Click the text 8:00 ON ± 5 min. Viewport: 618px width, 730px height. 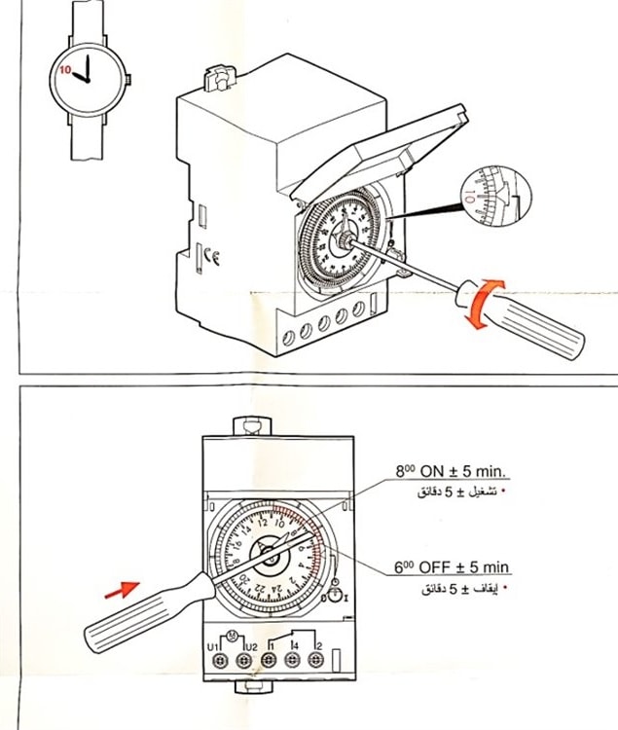click(452, 471)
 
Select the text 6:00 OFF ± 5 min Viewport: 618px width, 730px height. click(452, 567)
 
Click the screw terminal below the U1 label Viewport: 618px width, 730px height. click(220, 660)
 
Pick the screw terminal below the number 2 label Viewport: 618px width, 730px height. click(314, 660)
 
